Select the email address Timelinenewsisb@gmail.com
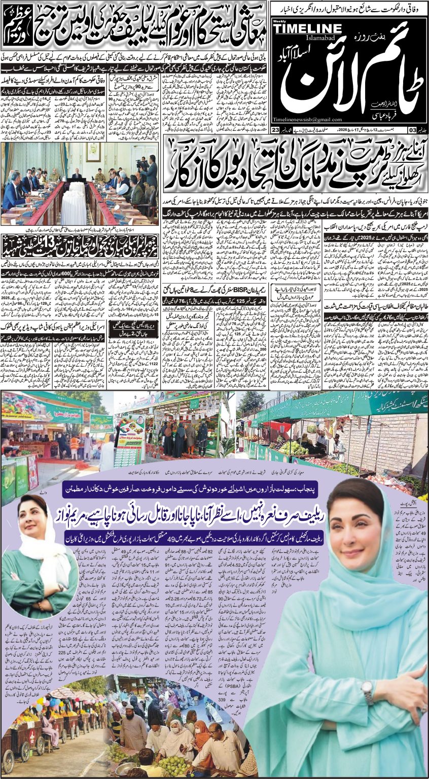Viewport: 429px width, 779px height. [307, 119]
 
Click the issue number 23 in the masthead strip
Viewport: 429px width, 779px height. [274, 130]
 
